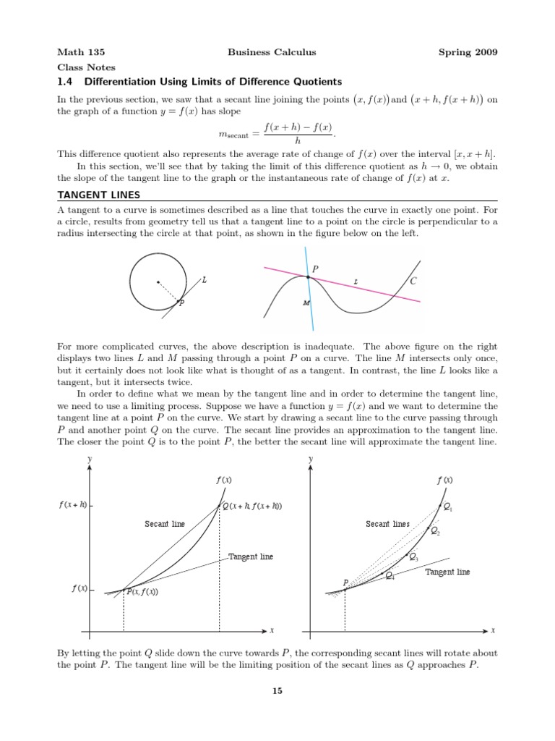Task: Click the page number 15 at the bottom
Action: (277, 691)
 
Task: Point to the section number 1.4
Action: (66, 81)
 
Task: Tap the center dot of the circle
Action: (158, 282)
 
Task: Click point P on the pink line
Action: (309, 277)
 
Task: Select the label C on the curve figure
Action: (413, 281)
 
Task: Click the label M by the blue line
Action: (306, 303)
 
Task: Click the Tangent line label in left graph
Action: (251, 556)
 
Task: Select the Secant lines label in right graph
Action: (387, 524)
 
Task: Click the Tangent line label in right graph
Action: (447, 572)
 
